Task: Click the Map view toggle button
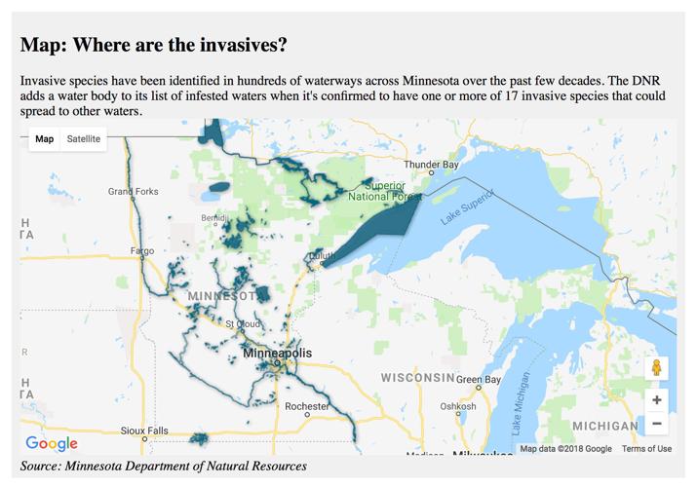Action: coord(45,139)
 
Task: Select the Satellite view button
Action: coord(83,139)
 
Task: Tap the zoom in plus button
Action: coord(656,399)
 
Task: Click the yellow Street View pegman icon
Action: coord(656,368)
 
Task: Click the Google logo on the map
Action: coord(52,444)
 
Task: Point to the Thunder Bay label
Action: coord(430,165)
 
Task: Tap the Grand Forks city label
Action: coord(133,192)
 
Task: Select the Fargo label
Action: coord(141,251)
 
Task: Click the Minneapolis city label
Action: coord(278,353)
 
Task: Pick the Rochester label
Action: coord(306,406)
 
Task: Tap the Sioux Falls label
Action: coord(144,431)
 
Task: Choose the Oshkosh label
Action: coord(457,406)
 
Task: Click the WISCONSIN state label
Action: coord(417,377)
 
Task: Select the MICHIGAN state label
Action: coord(604,427)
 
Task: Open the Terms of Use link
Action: coord(646,449)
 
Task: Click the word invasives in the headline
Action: coord(238,46)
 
